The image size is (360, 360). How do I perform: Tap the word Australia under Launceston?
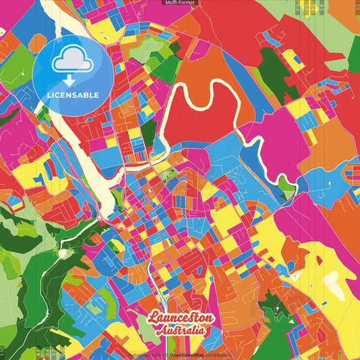point(180,331)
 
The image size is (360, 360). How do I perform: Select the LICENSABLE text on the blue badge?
point(73,95)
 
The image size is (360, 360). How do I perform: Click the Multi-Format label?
point(180,3)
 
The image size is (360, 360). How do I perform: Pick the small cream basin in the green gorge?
point(62,253)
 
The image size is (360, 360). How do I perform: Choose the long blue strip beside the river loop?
point(251,155)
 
